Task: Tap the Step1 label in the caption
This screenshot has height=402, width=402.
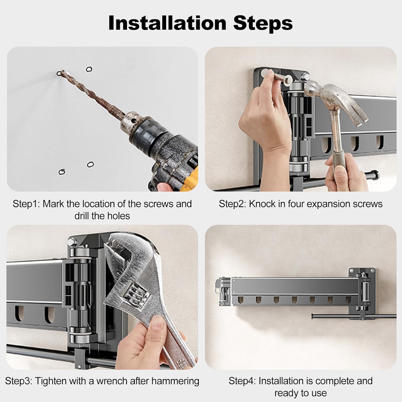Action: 26,204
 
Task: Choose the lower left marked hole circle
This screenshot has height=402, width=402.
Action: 62,172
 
